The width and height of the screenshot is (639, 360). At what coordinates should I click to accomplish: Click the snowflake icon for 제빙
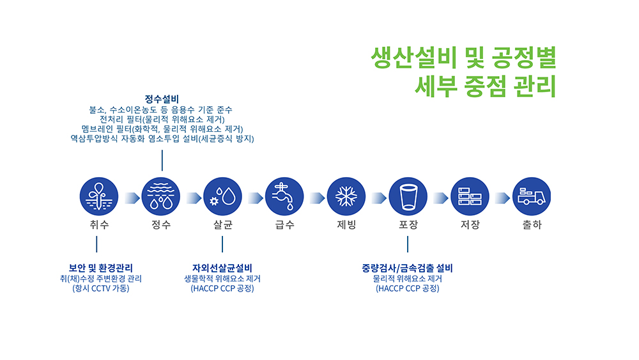346,196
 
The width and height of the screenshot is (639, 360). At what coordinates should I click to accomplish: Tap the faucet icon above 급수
284,196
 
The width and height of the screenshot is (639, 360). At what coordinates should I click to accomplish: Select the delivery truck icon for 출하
532,196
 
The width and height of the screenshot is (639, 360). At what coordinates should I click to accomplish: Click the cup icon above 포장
408,196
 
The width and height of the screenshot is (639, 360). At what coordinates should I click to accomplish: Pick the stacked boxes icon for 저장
470,196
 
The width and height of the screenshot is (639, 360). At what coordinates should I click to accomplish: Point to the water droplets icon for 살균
222,196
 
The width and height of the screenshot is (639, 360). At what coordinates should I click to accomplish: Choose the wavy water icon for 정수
160,196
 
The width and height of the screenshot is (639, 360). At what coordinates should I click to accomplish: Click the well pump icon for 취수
99,196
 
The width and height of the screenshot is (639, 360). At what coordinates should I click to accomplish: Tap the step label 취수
99,224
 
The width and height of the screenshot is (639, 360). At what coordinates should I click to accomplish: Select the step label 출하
532,224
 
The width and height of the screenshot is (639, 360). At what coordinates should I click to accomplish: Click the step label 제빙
346,224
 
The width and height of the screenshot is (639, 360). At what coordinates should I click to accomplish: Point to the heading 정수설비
162,99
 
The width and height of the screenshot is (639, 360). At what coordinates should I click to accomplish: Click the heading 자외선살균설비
222,269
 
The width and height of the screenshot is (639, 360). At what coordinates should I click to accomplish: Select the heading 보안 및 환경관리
101,269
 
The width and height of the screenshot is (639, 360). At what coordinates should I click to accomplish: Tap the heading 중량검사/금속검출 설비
408,269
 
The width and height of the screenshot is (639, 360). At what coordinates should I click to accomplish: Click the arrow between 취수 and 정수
132,198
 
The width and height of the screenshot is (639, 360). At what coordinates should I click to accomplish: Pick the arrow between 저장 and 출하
502,198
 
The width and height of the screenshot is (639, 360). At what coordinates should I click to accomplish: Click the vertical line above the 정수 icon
162,160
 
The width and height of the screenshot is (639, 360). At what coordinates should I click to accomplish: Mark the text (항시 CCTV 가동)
101,288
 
